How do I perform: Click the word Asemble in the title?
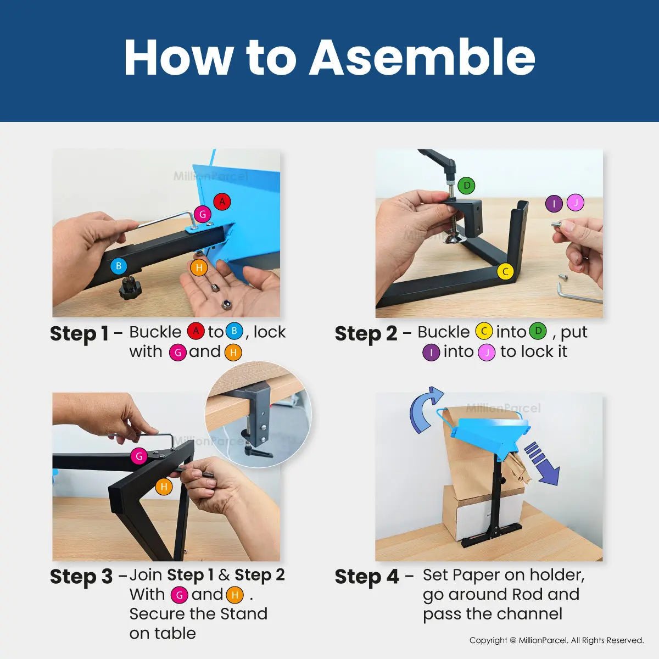tap(422, 57)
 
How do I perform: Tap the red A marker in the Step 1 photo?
tap(222, 202)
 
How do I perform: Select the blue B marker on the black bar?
tap(119, 266)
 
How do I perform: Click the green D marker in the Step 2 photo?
tap(467, 186)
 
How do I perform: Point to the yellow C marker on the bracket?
tap(505, 272)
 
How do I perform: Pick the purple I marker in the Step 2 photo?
tap(554, 204)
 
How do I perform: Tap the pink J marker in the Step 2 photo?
tap(575, 203)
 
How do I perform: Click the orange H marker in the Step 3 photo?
tap(164, 487)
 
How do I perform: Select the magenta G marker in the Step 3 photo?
tap(139, 456)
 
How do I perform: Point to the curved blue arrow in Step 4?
tap(425, 409)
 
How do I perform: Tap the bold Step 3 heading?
tap(81, 577)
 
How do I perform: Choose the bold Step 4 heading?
tap(367, 577)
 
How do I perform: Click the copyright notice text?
tap(556, 640)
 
